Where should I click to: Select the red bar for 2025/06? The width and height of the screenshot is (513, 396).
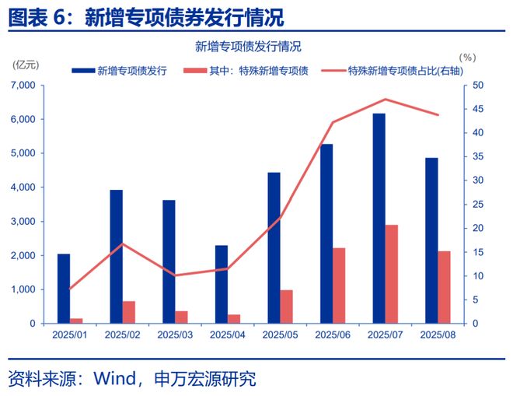coord(340,286)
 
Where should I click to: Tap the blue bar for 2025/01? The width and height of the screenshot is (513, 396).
coord(64,288)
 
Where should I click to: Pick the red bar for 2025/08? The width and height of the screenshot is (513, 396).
coord(444,287)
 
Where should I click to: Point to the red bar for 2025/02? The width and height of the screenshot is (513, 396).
coord(129,312)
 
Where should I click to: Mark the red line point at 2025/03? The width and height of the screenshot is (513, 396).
coord(175,275)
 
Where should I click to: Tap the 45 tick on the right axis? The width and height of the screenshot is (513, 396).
coord(477,109)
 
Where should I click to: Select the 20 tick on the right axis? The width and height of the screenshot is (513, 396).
coord(477,228)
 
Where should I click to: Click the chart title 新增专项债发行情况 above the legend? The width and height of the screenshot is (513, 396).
coord(248,46)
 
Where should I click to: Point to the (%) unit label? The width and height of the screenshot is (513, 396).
coord(466,58)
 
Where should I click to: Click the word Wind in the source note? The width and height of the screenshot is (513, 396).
coord(114,379)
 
